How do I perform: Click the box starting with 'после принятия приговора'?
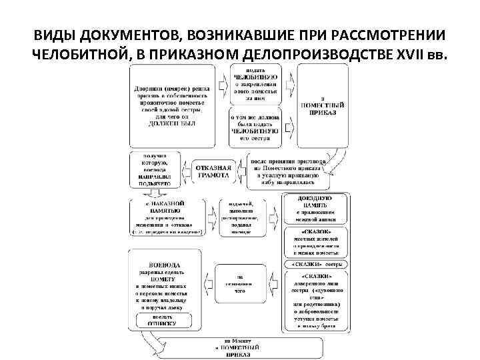click(289, 169)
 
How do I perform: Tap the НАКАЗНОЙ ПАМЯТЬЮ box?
click(165, 216)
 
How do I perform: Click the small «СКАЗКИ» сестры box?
click(316, 265)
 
